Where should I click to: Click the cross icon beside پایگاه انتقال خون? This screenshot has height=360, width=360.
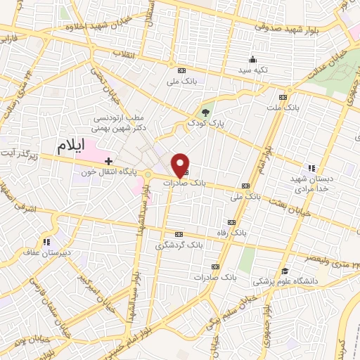108,162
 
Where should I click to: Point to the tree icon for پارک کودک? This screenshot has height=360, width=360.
205,112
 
